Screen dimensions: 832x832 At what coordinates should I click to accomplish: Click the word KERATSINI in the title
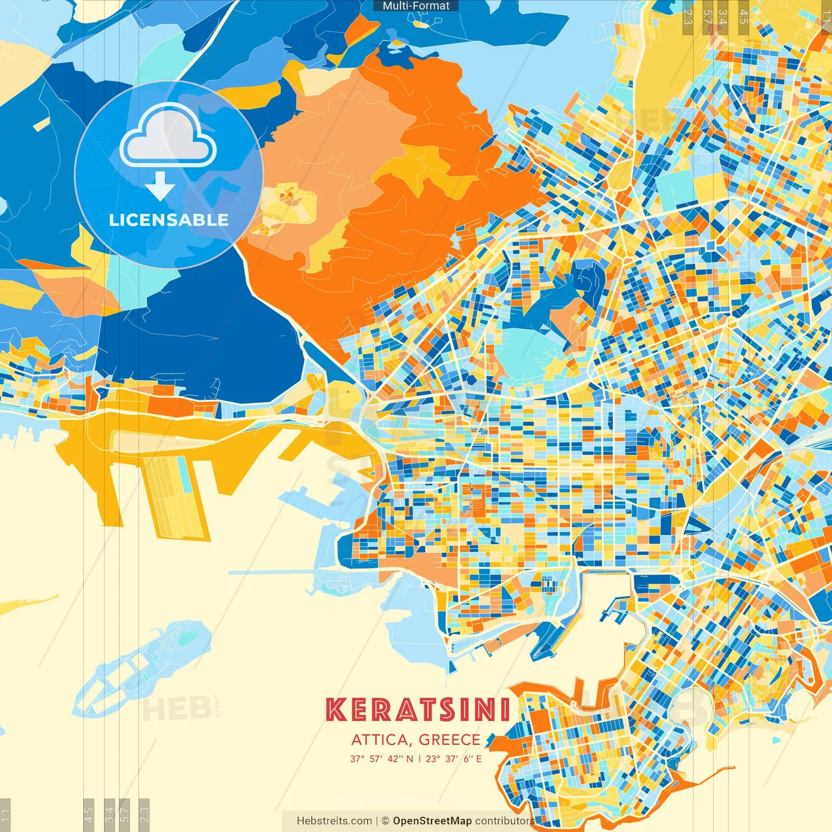coord(417,710)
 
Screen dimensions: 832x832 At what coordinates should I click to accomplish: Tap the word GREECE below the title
coord(449,740)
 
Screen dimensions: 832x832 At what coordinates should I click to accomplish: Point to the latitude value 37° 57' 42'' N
coord(382,759)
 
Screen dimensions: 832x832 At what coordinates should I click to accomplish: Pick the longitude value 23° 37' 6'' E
coord(454,759)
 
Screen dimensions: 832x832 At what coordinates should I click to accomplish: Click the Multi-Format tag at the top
coord(416,6)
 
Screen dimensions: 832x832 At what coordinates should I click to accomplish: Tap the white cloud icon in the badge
coord(168,137)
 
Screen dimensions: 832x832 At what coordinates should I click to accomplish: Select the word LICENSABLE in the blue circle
coord(169,220)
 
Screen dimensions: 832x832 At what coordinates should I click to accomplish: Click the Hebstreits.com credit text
coord(334,821)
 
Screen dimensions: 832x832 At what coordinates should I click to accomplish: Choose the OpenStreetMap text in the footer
coord(432,821)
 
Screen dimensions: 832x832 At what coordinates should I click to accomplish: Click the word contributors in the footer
coord(504,821)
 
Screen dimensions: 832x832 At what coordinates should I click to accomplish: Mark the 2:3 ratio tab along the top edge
coord(688,16)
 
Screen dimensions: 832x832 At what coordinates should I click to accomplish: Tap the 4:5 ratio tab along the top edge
coord(744,16)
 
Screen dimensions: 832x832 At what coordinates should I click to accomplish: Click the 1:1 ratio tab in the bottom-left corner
coord(5,815)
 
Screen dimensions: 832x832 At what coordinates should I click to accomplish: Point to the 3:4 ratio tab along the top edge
coord(723,16)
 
